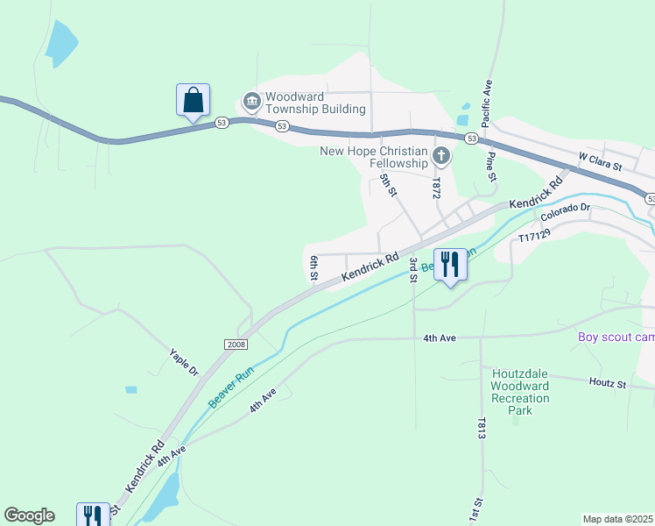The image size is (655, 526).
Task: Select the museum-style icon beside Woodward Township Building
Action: click(x=251, y=102)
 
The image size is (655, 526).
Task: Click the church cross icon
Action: click(x=441, y=158)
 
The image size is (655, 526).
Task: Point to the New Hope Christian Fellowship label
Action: click(x=374, y=157)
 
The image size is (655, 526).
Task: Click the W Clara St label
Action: click(x=599, y=161)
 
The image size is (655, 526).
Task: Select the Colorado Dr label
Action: click(x=566, y=212)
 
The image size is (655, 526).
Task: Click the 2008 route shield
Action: click(x=236, y=345)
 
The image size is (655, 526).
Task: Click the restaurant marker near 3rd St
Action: click(x=451, y=265)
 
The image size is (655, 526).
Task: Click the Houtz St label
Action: click(x=609, y=383)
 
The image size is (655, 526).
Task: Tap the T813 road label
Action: click(x=482, y=429)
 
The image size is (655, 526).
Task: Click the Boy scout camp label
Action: click(x=616, y=338)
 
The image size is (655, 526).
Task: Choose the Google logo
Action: click(x=29, y=515)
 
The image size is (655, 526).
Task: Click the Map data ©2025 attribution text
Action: click(x=617, y=519)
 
